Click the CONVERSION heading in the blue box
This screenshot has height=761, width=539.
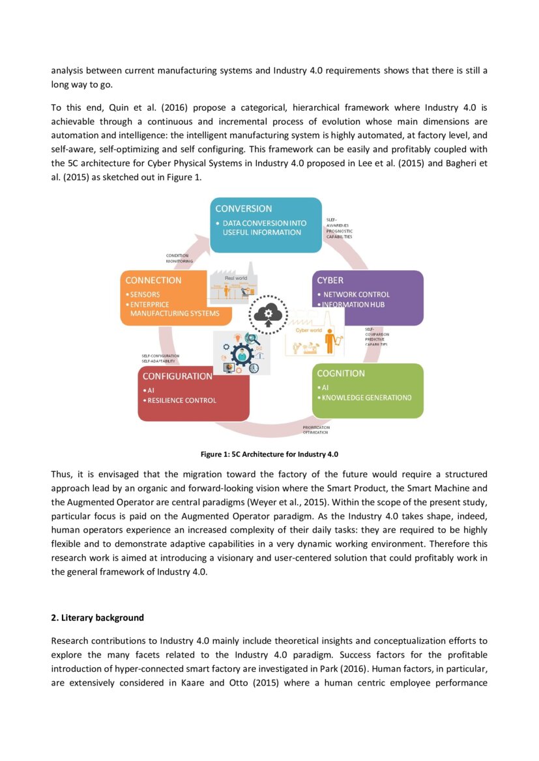[244, 209]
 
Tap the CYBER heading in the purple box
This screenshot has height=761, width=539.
[330, 281]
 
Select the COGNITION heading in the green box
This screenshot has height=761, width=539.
[340, 374]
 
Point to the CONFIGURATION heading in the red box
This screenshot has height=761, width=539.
[177, 376]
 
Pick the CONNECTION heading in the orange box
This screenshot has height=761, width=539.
[153, 281]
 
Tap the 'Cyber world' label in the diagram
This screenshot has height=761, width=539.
[308, 330]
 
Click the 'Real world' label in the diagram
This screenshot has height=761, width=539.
[235, 278]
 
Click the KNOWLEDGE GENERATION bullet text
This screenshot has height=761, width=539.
[367, 398]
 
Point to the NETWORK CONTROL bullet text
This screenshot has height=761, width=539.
[357, 294]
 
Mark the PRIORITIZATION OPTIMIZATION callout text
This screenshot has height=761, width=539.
[316, 430]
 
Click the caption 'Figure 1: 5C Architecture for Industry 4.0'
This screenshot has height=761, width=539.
[269, 454]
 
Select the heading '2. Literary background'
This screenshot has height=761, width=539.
[97, 617]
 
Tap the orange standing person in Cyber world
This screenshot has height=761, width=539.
[329, 340]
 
